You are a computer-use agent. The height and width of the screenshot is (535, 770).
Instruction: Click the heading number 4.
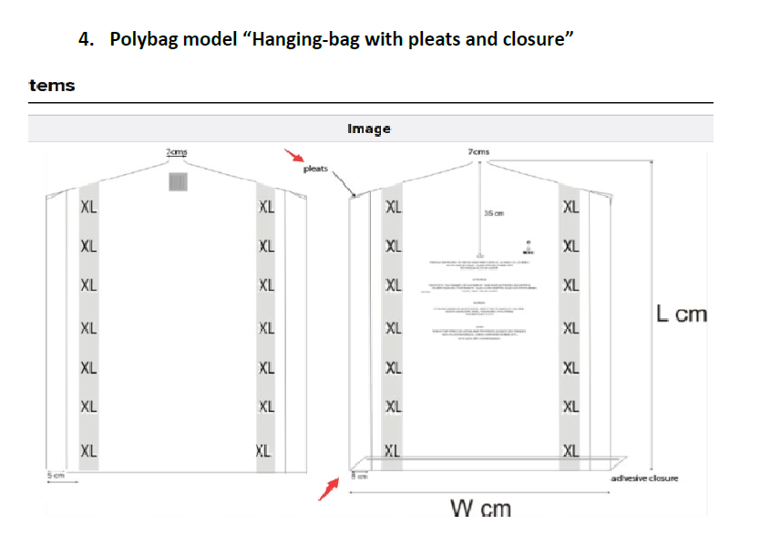click(x=85, y=39)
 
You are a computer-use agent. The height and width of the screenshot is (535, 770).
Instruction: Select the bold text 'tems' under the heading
click(x=52, y=86)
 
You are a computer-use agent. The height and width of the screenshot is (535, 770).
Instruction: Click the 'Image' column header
click(x=369, y=129)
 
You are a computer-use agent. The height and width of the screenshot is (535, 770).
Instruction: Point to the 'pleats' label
click(x=315, y=169)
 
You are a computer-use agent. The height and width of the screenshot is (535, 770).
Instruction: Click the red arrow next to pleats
click(x=293, y=157)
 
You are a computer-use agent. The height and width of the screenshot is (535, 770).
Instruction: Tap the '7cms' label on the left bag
click(x=178, y=150)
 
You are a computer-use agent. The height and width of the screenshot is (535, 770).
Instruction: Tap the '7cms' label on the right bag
click(x=478, y=150)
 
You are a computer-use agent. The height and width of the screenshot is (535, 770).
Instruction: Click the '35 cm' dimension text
click(x=495, y=213)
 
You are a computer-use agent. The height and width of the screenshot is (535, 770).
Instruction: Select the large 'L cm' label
click(x=681, y=314)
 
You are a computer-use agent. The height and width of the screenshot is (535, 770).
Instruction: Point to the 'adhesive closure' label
click(x=644, y=478)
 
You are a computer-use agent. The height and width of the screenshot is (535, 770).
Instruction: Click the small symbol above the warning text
click(x=527, y=247)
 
